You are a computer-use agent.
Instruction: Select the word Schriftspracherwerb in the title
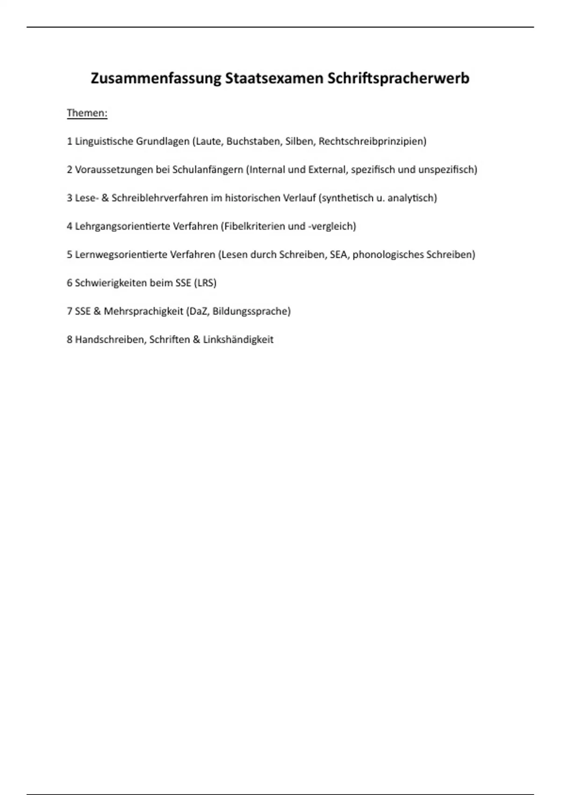[398, 78]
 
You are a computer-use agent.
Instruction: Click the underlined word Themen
[87, 113]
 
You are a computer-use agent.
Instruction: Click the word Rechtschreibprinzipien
[372, 141]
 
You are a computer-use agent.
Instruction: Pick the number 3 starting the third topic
[70, 198]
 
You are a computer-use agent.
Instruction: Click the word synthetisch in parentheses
[346, 198]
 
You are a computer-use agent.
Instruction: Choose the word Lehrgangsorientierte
[122, 226]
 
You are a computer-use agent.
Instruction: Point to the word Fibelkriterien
[254, 226]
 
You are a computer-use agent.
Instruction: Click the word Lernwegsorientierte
[121, 255]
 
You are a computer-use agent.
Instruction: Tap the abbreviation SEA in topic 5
[338, 255]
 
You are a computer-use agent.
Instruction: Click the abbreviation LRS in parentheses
[205, 283]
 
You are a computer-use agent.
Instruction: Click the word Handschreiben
[110, 340]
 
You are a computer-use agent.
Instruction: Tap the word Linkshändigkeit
[238, 340]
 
